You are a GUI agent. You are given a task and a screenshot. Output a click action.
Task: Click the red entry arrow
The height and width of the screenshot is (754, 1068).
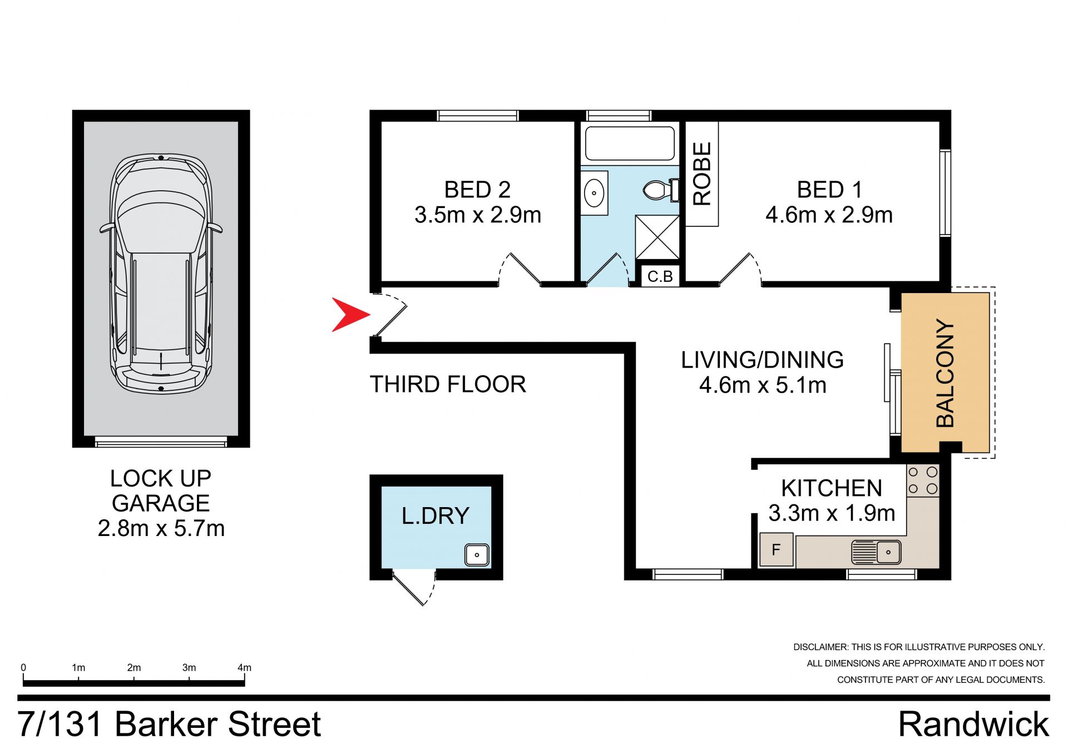[349, 315]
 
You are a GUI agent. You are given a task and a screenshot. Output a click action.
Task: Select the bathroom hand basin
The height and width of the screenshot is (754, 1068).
[594, 193]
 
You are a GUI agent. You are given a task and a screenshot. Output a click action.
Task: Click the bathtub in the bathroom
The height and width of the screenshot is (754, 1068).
[629, 143]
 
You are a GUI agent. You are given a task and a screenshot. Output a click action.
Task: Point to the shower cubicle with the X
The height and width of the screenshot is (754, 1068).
[657, 237]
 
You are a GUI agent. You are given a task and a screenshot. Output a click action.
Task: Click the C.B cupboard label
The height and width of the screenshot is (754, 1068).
[660, 276]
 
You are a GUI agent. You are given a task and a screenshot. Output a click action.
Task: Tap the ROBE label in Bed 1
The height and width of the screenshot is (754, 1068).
[702, 173]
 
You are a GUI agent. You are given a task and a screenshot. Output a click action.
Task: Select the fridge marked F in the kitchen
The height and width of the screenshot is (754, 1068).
[776, 550]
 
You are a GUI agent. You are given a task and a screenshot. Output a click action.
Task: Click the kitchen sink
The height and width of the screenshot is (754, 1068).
[876, 552]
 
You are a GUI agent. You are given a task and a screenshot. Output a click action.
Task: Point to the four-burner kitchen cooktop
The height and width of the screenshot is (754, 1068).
[923, 481]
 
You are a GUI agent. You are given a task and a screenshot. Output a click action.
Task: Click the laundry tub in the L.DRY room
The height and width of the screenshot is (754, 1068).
[477, 555]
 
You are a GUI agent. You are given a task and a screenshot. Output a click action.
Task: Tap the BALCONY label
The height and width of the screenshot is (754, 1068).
[945, 373]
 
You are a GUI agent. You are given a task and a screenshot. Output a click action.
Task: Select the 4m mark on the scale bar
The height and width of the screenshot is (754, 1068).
[244, 668]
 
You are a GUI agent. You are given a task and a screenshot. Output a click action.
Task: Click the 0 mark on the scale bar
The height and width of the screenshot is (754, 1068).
[23, 668]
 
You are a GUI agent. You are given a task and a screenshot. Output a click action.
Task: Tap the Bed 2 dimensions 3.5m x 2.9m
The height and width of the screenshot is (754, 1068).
[478, 215]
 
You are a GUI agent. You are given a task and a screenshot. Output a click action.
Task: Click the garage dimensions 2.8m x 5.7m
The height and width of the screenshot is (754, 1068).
[161, 528]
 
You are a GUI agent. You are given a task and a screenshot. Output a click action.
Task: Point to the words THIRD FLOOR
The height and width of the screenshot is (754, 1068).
[448, 384]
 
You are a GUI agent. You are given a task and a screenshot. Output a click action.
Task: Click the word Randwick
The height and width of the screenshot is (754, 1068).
[973, 725]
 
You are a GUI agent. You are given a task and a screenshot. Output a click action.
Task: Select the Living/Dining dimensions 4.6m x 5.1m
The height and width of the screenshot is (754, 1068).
[763, 385]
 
